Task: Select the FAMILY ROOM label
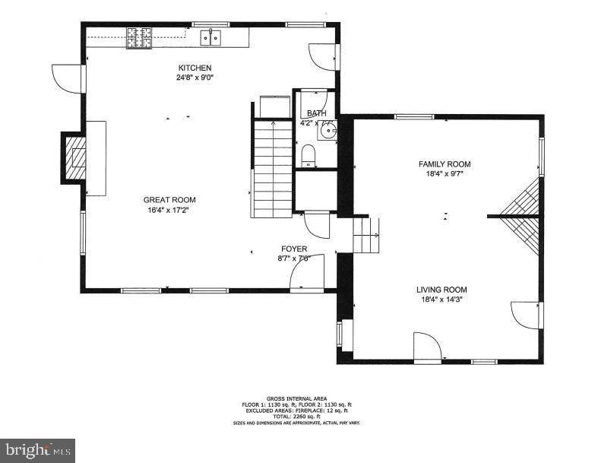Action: (445, 164)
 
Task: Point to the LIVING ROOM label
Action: (441, 290)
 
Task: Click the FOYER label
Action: (294, 249)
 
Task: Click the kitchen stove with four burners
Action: (138, 37)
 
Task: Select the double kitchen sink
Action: (210, 37)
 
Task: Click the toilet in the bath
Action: (309, 157)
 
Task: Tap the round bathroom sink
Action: (327, 132)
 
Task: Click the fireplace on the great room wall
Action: (75, 157)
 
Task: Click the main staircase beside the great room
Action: (272, 169)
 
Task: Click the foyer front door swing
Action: (310, 272)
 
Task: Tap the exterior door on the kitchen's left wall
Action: (67, 76)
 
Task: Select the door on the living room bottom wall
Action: (427, 346)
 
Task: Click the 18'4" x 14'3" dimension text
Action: (441, 300)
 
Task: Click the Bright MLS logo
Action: (38, 450)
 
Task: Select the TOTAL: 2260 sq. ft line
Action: (297, 417)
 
